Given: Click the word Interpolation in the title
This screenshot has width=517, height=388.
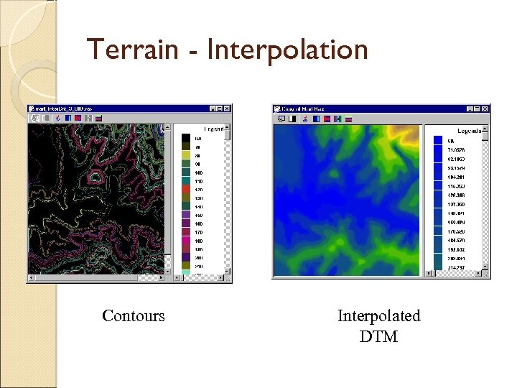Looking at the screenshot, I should point(287,50).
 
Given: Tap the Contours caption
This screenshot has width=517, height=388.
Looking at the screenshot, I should point(134,316).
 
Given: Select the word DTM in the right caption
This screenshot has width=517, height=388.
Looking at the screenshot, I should point(378,336).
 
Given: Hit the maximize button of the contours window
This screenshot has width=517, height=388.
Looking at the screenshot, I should point(220,108).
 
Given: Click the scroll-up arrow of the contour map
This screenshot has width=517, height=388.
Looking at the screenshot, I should point(169,127).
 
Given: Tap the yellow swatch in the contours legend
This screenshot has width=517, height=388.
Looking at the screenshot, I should point(186,155).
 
